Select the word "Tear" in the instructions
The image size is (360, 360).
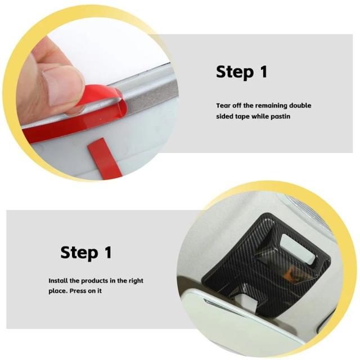(x=223, y=106)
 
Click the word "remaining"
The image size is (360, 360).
(x=271, y=106)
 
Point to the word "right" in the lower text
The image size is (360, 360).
(x=136, y=281)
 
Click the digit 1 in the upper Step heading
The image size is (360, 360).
(x=264, y=71)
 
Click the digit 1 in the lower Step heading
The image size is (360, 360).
(x=109, y=252)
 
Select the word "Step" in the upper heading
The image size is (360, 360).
(x=235, y=72)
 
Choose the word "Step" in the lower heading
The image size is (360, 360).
(x=79, y=253)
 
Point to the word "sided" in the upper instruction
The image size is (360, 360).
(x=224, y=116)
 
